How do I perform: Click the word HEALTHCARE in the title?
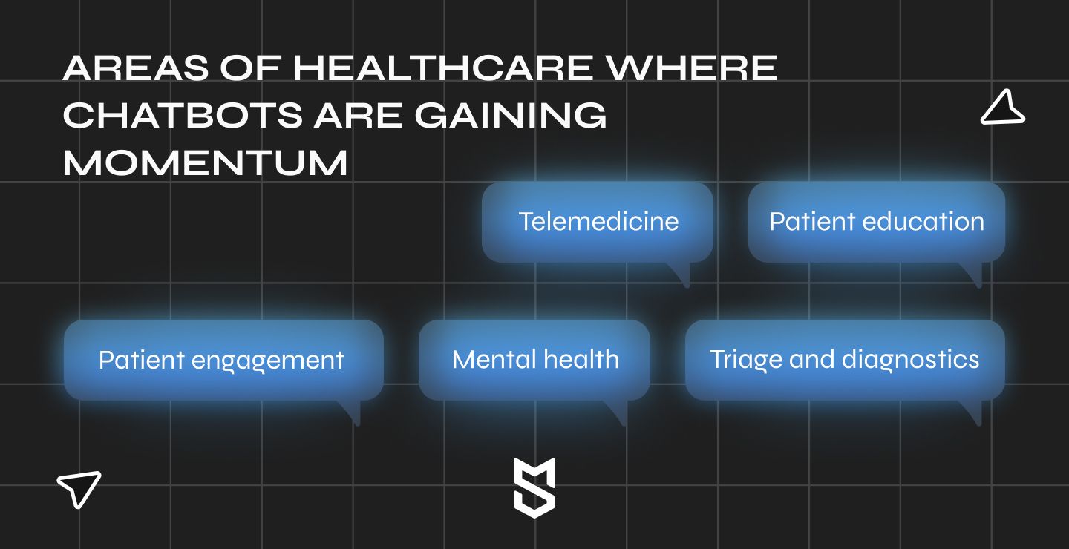point(443,68)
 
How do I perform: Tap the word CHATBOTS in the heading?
point(183,115)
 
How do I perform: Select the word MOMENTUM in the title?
point(205,162)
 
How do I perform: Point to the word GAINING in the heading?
point(511,115)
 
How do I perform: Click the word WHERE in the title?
point(692,68)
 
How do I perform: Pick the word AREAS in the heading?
point(136,68)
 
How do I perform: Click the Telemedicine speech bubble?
point(598,223)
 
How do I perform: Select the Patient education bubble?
point(877,223)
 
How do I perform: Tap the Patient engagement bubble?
point(223,360)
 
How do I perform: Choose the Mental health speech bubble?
point(534,360)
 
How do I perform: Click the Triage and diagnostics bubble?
point(845,360)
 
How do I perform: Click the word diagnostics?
point(911,361)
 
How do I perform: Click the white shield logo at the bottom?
point(534,488)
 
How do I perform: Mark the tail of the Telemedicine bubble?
point(681,275)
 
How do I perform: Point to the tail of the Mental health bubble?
point(618,413)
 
